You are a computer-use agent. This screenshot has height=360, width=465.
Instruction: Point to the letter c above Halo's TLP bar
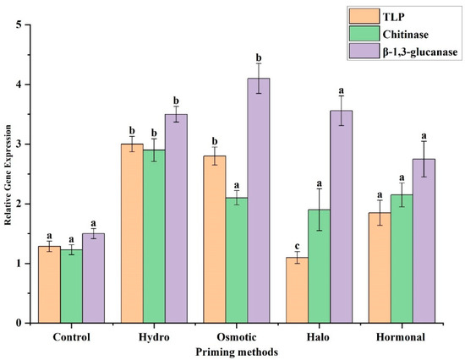tap(297, 245)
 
